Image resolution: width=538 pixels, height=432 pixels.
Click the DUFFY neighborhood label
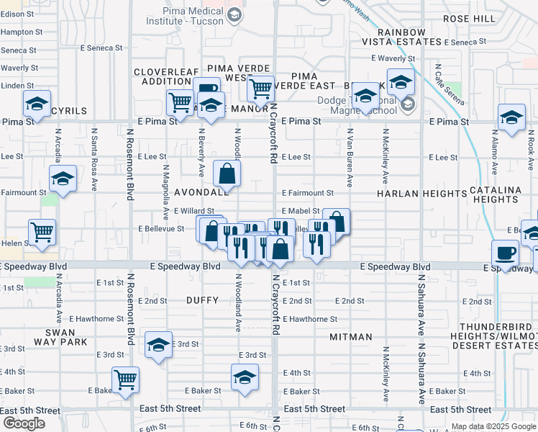(201, 299)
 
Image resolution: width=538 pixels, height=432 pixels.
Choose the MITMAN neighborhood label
(350, 337)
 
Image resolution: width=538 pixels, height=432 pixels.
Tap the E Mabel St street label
(301, 210)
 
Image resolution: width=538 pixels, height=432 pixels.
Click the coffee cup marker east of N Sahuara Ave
(505, 253)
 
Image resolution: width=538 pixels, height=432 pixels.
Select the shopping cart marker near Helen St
(42, 233)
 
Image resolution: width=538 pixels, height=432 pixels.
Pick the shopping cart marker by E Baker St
(126, 379)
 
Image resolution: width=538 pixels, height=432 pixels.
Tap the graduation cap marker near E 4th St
(245, 377)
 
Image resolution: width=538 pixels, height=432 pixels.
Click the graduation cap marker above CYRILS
(37, 104)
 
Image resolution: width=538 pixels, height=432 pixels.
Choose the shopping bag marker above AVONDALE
(227, 173)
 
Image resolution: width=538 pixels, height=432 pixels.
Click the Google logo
(24, 423)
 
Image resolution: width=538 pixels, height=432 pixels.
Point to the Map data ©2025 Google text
(493, 426)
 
